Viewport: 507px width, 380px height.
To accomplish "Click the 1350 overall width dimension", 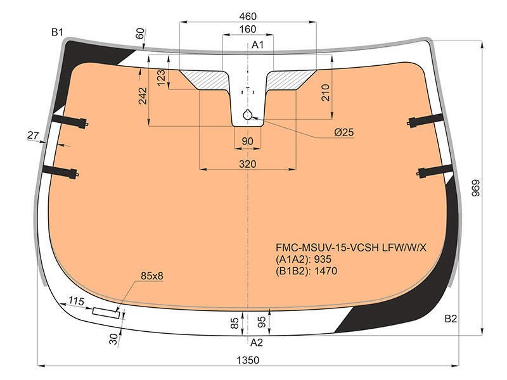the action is (248, 360).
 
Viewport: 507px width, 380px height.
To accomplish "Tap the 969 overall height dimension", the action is (476, 188).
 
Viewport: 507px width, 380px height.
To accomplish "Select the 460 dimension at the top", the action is (248, 16).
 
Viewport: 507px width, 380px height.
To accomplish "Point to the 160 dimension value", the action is (248, 29).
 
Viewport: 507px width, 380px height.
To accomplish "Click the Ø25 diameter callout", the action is (344, 132).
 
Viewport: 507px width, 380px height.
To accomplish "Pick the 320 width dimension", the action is (248, 164).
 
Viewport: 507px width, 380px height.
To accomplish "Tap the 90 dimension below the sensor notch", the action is (247, 141).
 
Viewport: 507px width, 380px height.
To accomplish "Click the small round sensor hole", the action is (248, 115).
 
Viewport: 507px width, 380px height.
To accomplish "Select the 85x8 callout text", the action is (152, 276).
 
